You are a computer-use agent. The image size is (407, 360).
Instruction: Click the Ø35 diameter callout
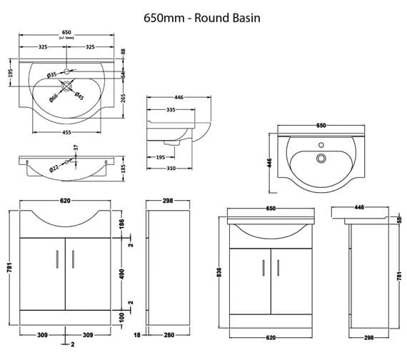tap(52, 74)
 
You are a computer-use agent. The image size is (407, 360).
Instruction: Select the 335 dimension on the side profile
tap(171, 111)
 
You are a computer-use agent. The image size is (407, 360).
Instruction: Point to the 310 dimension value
tap(171, 169)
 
